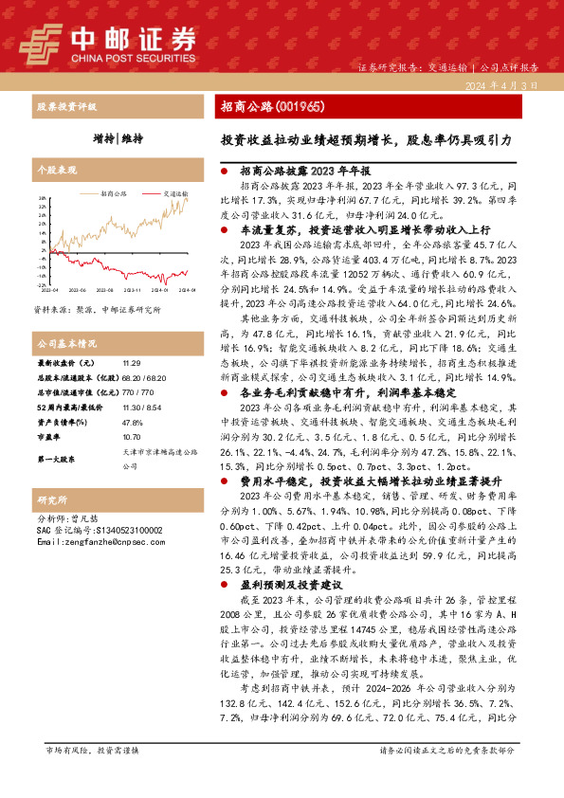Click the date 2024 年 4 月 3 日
(502, 85)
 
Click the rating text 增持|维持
(118, 138)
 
